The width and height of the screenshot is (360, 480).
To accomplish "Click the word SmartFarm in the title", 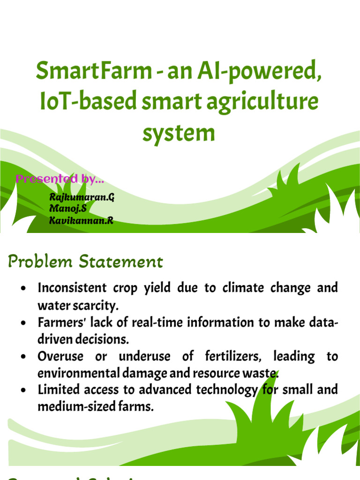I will pyautogui.click(x=94, y=72).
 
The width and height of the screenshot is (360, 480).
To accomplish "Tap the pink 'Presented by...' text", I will pyautogui.click(x=60, y=179).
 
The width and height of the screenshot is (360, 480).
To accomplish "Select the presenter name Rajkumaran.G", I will pyautogui.click(x=82, y=197).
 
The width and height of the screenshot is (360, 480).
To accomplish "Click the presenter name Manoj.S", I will pyautogui.click(x=68, y=209).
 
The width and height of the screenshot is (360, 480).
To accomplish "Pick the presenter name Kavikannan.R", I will pyautogui.click(x=81, y=220).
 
